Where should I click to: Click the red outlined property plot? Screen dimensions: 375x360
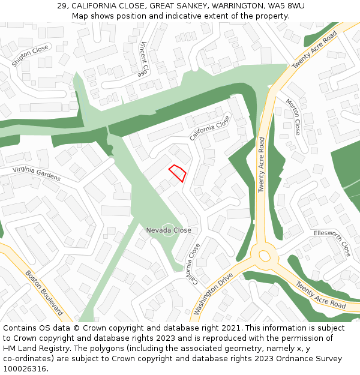pyautogui.click(x=177, y=173)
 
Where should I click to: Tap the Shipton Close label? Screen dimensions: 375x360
pyautogui.click(x=30, y=56)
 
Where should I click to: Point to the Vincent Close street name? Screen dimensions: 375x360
pyautogui.click(x=143, y=59)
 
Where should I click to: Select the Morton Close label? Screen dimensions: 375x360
pyautogui.click(x=293, y=116)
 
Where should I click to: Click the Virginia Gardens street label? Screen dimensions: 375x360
pyautogui.click(x=36, y=174)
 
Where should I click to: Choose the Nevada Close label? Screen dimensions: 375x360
pyautogui.click(x=169, y=230)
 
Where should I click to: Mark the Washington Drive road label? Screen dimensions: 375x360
pyautogui.click(x=213, y=294)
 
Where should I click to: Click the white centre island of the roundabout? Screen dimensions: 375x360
pyautogui.click(x=265, y=256)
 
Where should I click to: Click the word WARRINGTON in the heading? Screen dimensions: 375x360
pyautogui.click(x=228, y=5)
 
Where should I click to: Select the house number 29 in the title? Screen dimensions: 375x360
pyautogui.click(x=62, y=5)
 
